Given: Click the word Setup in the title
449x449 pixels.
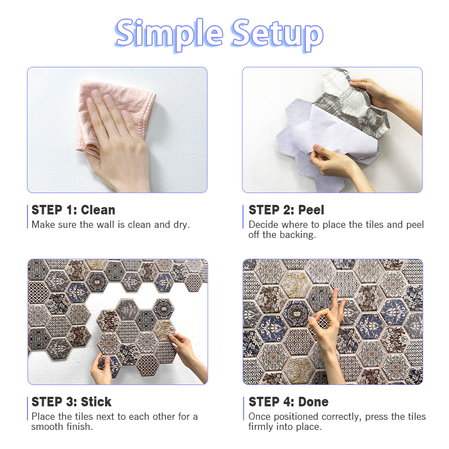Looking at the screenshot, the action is coord(277,34).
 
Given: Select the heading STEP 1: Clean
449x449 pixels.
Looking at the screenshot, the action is coord(74,210).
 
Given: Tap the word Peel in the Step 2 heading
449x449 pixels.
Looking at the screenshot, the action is coord(311,210).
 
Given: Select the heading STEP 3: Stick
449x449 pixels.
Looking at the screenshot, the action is coord(71,402).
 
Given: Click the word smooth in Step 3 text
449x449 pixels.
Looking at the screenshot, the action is coord(47,427).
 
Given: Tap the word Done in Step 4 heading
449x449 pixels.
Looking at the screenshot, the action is coord(313,402).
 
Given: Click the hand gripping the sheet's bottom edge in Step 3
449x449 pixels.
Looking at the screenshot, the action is coord(102,369).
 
